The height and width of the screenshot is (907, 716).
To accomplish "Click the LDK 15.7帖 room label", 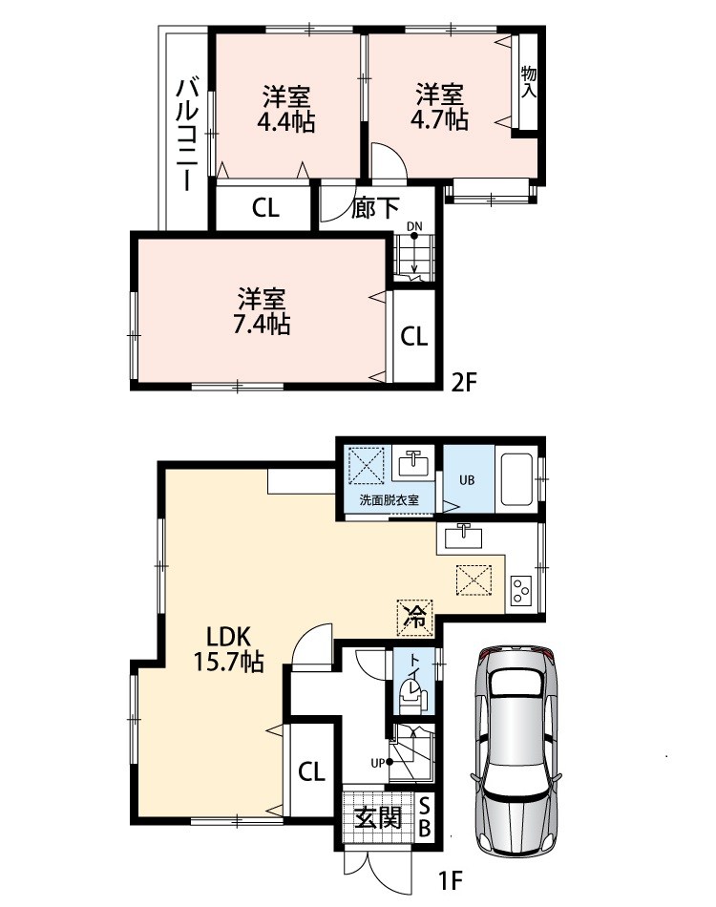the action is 228,649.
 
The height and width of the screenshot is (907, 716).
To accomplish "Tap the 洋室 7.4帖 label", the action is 262,312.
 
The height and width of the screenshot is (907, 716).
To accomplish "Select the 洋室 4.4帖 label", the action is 286,109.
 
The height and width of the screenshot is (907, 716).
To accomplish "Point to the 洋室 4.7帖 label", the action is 439,106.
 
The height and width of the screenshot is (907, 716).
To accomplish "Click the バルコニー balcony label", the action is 187,135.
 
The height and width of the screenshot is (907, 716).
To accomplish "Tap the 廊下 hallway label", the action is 375,208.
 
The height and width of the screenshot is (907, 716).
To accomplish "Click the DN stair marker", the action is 414,226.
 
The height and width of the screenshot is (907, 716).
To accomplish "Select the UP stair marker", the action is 378,764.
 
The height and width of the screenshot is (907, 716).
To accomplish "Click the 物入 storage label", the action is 529,81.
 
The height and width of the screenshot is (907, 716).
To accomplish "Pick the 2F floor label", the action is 464,382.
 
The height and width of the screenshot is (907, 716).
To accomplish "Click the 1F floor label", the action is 451,881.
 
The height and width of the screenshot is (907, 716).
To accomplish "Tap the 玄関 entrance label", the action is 378,817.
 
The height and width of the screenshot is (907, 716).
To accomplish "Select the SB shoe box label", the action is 424,817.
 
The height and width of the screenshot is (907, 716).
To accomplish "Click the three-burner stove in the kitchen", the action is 520,590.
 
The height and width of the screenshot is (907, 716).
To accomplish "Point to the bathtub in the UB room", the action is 516,479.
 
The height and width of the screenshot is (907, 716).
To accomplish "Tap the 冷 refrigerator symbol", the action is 414,617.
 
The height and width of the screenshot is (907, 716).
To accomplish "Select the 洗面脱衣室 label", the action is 390,499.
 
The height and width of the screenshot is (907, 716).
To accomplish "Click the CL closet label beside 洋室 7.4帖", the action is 414,336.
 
